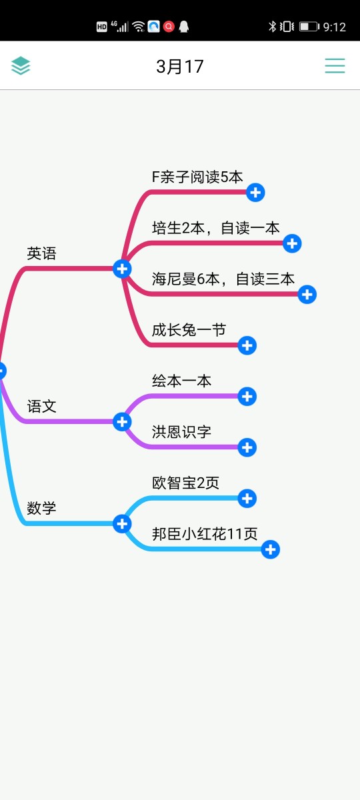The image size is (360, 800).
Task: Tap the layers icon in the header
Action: [x=21, y=66]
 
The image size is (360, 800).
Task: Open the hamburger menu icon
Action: [x=335, y=66]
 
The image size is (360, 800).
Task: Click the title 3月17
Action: [x=179, y=67]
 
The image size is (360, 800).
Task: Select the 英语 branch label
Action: [x=41, y=253]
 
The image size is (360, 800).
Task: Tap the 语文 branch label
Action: [x=41, y=406]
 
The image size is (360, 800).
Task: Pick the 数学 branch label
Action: [x=41, y=508]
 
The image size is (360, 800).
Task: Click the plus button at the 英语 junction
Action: [x=122, y=269]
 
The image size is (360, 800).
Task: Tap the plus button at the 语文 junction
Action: [x=122, y=422]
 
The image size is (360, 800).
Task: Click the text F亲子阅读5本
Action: [x=197, y=177]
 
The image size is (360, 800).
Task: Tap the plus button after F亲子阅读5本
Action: [x=255, y=193]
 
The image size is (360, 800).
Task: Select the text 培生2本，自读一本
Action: [x=215, y=228]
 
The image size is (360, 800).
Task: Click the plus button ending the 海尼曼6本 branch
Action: [x=307, y=294]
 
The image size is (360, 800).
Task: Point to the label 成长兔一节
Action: [x=189, y=329]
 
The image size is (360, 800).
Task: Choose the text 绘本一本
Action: [x=181, y=381]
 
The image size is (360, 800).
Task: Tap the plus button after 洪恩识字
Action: [x=247, y=447]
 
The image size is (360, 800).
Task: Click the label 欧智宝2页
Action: [x=185, y=483]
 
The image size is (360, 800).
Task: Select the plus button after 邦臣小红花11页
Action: [x=271, y=549]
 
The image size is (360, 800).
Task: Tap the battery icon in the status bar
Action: [x=309, y=27]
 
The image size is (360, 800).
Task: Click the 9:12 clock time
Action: [x=334, y=27]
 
